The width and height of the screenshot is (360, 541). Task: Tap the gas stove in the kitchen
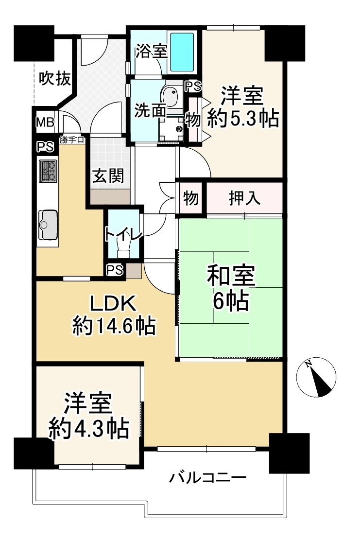pyautogui.click(x=48, y=171)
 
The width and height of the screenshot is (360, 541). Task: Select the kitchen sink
pyautogui.click(x=48, y=225)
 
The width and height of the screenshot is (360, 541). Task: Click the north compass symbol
pyautogui.click(x=316, y=377)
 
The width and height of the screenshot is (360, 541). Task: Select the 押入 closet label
pyautogui.click(x=244, y=198)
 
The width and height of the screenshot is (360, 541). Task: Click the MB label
pyautogui.click(x=46, y=122)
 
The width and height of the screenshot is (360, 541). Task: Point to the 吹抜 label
pyautogui.click(x=55, y=79)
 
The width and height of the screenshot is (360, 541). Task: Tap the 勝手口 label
pyautogui.click(x=72, y=140)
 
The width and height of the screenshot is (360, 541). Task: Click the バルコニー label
pyautogui.click(x=208, y=478)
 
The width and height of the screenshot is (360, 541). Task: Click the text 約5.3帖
pyautogui.click(x=243, y=119)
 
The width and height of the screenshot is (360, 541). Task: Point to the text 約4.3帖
pyautogui.click(x=89, y=429)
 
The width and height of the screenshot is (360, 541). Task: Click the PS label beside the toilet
pyautogui.click(x=115, y=270)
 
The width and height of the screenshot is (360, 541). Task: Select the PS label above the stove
pyautogui.click(x=46, y=147)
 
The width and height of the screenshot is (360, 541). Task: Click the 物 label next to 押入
pyautogui.click(x=191, y=199)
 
